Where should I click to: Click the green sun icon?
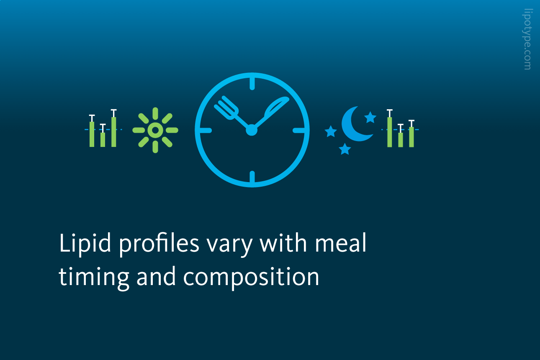pyautogui.click(x=155, y=130)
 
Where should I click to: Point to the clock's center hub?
pyautogui.click(x=252, y=130)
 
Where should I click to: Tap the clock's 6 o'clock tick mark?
pyautogui.click(x=252, y=177)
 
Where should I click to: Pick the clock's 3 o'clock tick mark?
pyautogui.click(x=299, y=131)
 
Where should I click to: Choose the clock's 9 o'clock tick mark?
pyautogui.click(x=206, y=131)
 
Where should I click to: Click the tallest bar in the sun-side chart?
pyautogui.click(x=114, y=132)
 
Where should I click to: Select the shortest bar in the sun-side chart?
pyautogui.click(x=103, y=140)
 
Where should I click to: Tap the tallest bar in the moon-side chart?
pyautogui.click(x=390, y=132)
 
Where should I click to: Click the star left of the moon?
pyautogui.click(x=331, y=132)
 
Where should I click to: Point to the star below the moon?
pyautogui.click(x=345, y=149)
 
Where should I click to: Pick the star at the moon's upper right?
pyautogui.click(x=370, y=118)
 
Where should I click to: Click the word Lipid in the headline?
pyautogui.click(x=85, y=244)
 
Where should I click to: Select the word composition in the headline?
pyautogui.click(x=251, y=277)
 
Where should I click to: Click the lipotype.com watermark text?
pyautogui.click(x=527, y=39)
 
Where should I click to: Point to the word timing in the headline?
pyautogui.click(x=94, y=277)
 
